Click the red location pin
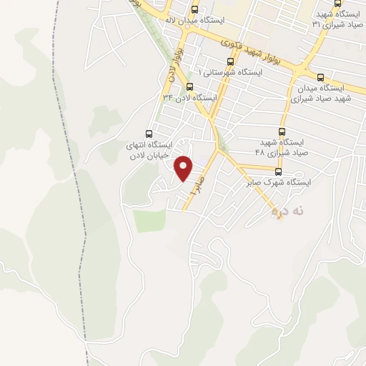pyautogui.click(x=184, y=169)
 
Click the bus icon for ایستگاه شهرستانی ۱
pyautogui.click(x=229, y=61)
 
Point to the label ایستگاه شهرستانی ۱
pyautogui.click(x=231, y=73)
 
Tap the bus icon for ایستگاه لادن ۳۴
pyautogui.click(x=189, y=86)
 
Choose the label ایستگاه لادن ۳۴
pyautogui.click(x=189, y=97)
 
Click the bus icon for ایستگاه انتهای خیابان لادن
pyautogui.click(x=149, y=133)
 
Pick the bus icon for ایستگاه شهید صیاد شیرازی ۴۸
pyautogui.click(x=282, y=132)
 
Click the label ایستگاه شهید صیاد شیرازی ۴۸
pyautogui.click(x=282, y=148)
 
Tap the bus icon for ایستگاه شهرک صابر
pyautogui.click(x=279, y=172)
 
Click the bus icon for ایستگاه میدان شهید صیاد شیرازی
pyautogui.click(x=320, y=76)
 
